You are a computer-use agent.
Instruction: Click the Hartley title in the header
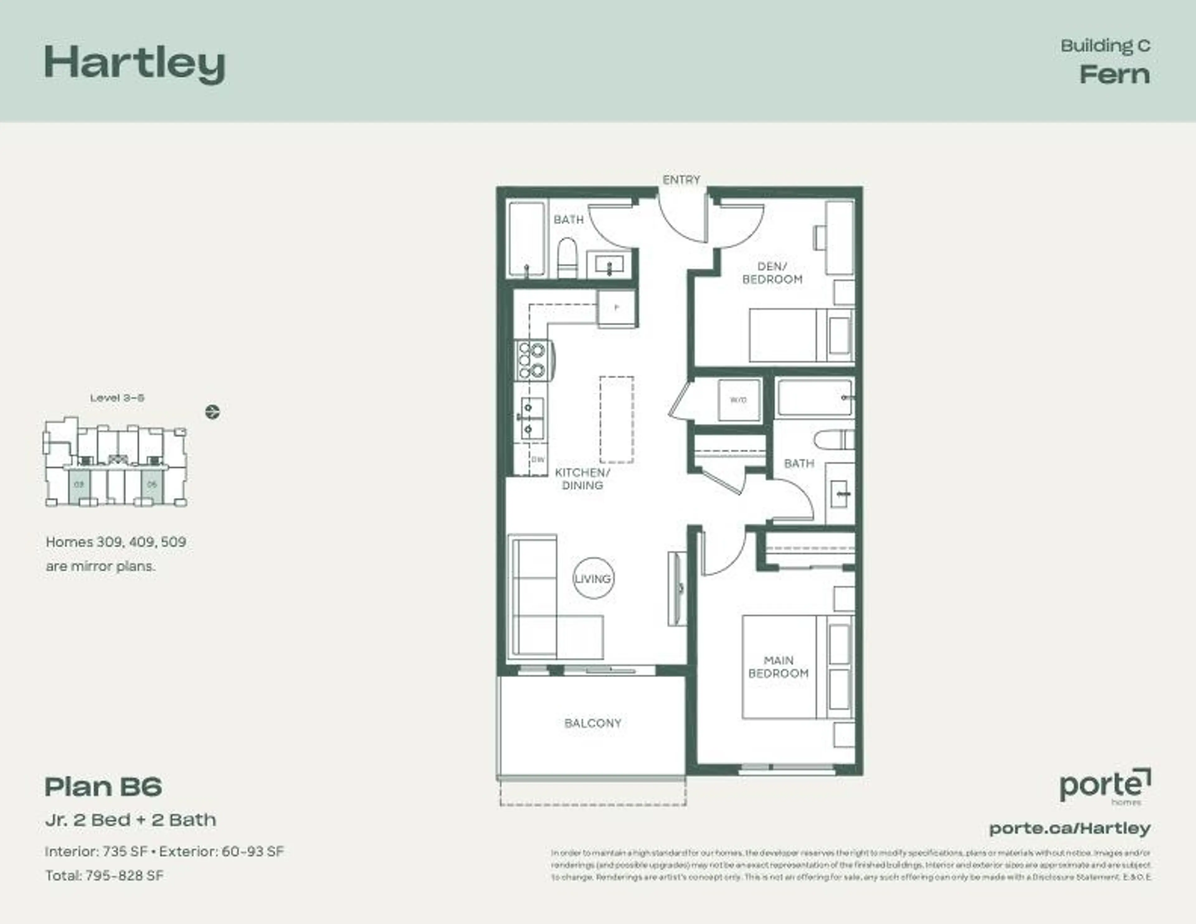pos(135,64)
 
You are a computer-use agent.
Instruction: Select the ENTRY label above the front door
pos(681,180)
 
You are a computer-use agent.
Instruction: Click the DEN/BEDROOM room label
pos(772,273)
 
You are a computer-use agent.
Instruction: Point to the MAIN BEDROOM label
pos(778,666)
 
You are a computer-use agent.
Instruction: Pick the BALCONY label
pos(592,723)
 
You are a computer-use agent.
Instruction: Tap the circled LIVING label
pos(593,578)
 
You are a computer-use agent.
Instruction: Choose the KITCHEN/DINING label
pos(582,479)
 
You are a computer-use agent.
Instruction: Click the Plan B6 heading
pos(103,787)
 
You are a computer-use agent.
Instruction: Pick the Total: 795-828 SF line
pos(104,875)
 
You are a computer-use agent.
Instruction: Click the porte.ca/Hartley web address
pos(1070,828)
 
